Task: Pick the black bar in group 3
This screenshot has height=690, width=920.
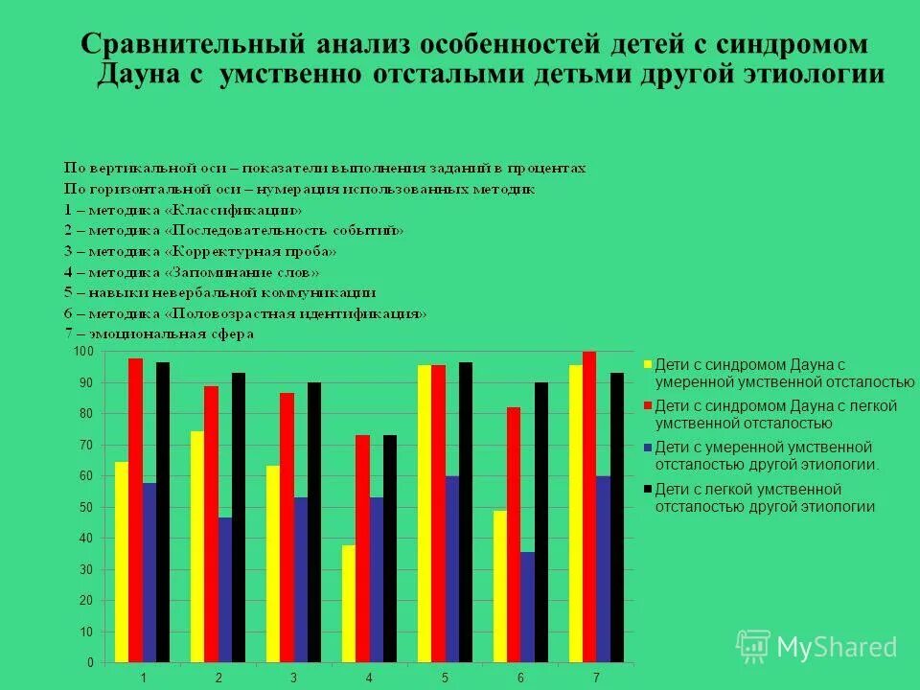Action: pyautogui.click(x=314, y=522)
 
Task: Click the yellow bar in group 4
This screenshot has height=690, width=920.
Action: pyautogui.click(x=349, y=604)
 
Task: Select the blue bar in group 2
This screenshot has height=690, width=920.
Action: pyautogui.click(x=225, y=589)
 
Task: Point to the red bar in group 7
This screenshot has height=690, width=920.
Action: pyautogui.click(x=589, y=507)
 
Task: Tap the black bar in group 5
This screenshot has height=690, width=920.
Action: pyautogui.click(x=466, y=513)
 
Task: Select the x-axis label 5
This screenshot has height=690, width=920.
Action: pyautogui.click(x=446, y=678)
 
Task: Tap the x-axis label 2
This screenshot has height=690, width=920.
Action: pyautogui.click(x=218, y=678)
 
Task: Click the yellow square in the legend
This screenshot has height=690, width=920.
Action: pyautogui.click(x=648, y=365)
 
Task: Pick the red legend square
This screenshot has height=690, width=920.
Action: pyautogui.click(x=648, y=406)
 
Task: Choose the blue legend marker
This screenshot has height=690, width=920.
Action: pyautogui.click(x=648, y=448)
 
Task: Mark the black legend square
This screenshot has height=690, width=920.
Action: pyautogui.click(x=648, y=489)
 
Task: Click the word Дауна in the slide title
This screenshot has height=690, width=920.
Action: pyautogui.click(x=148, y=76)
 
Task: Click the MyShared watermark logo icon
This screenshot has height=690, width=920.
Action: pyautogui.click(x=752, y=646)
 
